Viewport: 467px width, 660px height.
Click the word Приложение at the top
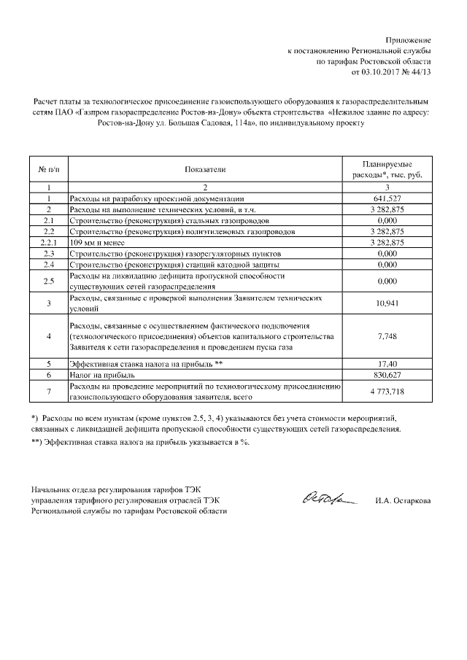pos(409,39)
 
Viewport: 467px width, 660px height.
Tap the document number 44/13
pos(421,72)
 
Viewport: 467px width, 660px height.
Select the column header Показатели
pos(205,170)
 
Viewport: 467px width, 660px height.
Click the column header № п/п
pos(48,170)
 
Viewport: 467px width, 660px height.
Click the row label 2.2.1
pos(48,242)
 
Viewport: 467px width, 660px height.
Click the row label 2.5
pos(48,281)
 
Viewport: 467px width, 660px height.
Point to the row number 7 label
pos(48,392)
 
